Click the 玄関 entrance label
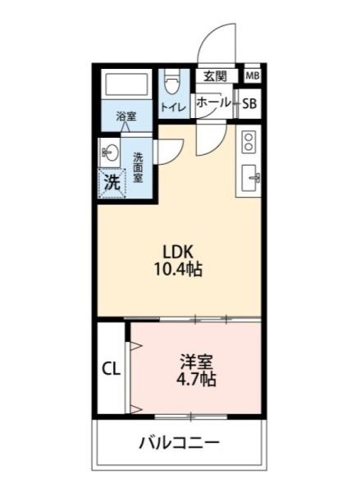pyautogui.click(x=215, y=75)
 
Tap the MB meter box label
pyautogui.click(x=253, y=75)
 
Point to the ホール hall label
pyautogui.click(x=214, y=104)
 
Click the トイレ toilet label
pyautogui.click(x=172, y=107)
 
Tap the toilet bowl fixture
pyautogui.click(x=171, y=83)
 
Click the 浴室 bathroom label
pyautogui.click(x=126, y=117)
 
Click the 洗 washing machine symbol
pyautogui.click(x=112, y=183)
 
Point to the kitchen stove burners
pyautogui.click(x=249, y=143)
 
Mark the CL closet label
pyautogui.click(x=111, y=369)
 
